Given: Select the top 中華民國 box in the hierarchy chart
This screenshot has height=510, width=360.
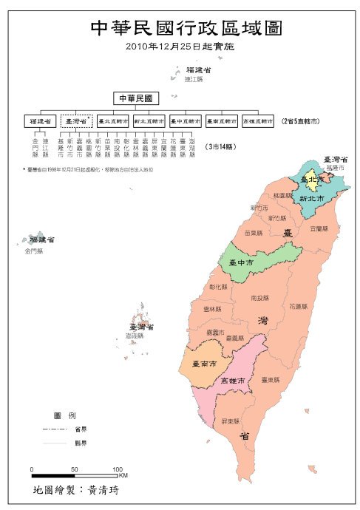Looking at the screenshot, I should click(136, 98).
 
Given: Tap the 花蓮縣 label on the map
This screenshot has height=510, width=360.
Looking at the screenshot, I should click(298, 305).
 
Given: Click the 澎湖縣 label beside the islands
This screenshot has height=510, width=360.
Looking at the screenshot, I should click(137, 336).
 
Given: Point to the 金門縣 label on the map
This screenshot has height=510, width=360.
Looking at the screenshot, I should click(34, 251).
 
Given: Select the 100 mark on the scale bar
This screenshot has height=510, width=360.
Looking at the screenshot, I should click(117, 469).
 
